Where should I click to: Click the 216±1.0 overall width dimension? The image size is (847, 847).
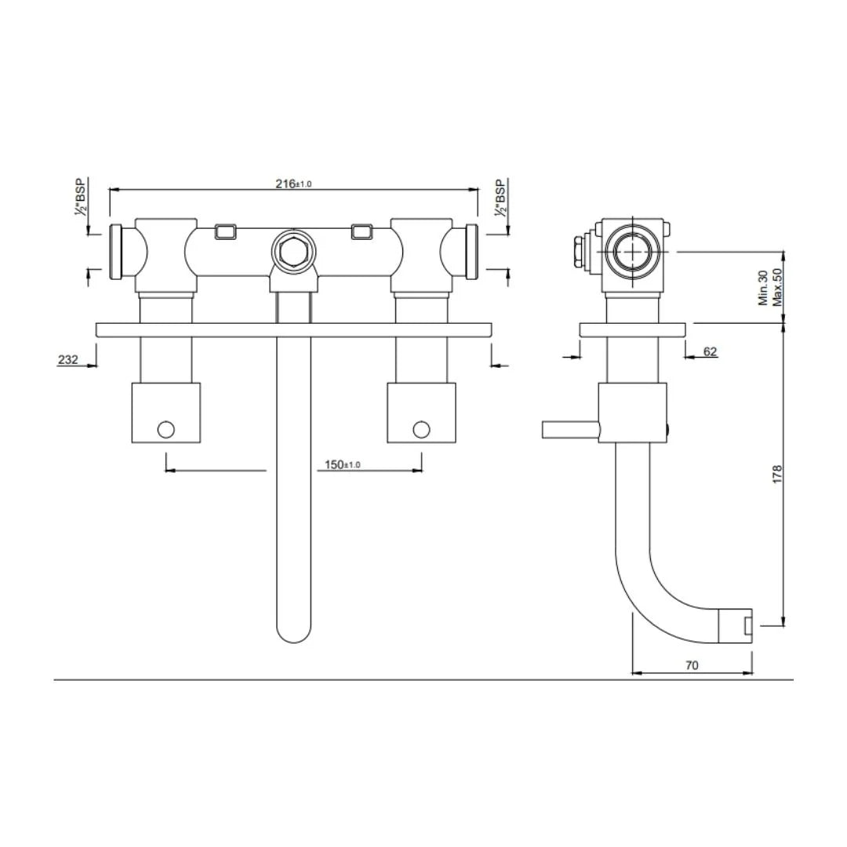pyautogui.click(x=293, y=184)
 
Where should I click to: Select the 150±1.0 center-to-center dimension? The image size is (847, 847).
pyautogui.click(x=343, y=465)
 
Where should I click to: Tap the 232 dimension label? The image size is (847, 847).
pyautogui.click(x=67, y=360)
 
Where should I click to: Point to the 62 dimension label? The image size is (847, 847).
pyautogui.click(x=710, y=351)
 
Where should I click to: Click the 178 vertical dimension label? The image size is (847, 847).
pyautogui.click(x=778, y=474)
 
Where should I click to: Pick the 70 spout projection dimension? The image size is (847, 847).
pyautogui.click(x=692, y=665)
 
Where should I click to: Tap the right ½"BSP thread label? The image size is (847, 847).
pyautogui.click(x=500, y=197)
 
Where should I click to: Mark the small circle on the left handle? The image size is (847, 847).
pyautogui.click(x=165, y=429)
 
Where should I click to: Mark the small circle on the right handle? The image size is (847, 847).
pyautogui.click(x=421, y=429)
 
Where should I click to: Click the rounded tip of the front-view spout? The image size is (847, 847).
pyautogui.click(x=293, y=631)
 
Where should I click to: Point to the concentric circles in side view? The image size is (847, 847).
pyautogui.click(x=631, y=252)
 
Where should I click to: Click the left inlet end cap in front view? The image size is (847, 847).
pyautogui.click(x=118, y=252)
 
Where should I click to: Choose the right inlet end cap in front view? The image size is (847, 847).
pyautogui.click(x=471, y=252)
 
